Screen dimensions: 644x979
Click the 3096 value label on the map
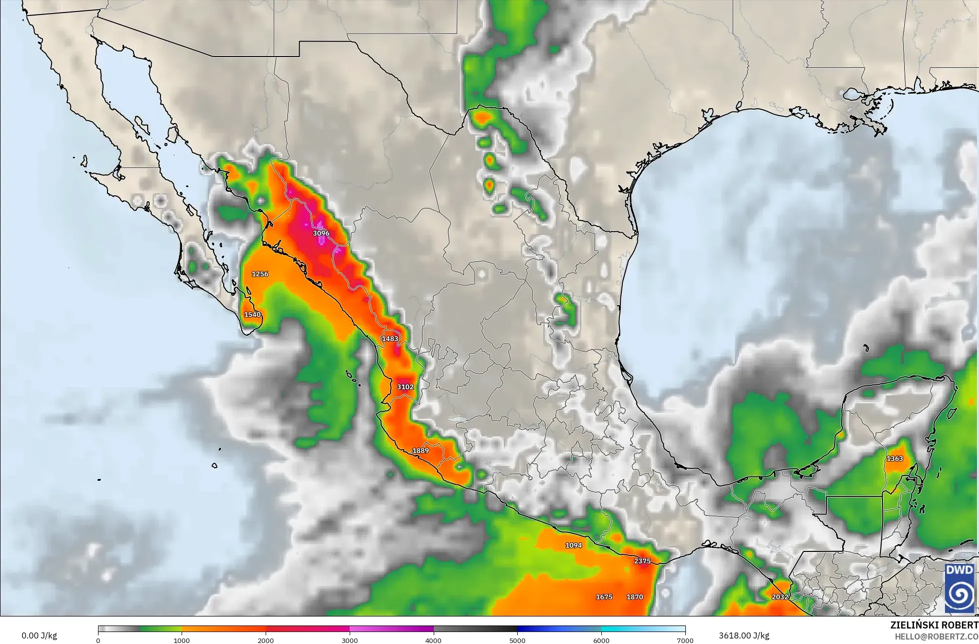[x=321, y=233]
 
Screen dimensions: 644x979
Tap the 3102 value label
[x=405, y=387]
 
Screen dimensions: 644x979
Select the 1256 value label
[x=260, y=274]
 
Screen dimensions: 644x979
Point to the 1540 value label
[x=252, y=315]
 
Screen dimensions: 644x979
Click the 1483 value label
[x=390, y=339]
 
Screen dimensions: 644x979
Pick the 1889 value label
[x=421, y=451]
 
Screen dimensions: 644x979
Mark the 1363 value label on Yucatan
[x=895, y=459]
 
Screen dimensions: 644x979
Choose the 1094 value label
[x=574, y=545]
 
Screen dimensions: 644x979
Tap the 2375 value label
[x=642, y=561]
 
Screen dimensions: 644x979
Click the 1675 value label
[x=604, y=597]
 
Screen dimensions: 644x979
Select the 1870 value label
[x=635, y=597]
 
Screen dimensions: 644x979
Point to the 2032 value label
[x=780, y=597]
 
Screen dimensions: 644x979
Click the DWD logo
[x=959, y=588]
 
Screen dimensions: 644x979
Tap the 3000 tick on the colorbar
[x=350, y=640]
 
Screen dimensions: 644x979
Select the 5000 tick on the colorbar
[x=517, y=640]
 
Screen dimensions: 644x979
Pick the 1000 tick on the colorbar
[x=182, y=640]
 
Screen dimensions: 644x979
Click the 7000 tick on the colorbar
[x=685, y=640]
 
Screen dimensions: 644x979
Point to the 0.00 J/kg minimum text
[x=40, y=636]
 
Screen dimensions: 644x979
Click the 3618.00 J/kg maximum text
[x=744, y=636]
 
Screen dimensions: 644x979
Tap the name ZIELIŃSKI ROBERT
[x=934, y=625]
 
